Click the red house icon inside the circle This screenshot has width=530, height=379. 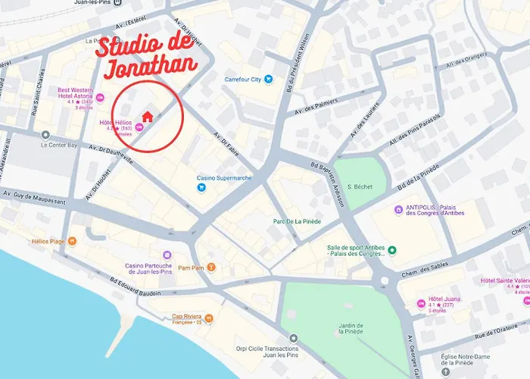point(148,116)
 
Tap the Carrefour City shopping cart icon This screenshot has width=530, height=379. point(268,79)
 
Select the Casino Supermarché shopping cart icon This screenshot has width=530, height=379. point(201,187)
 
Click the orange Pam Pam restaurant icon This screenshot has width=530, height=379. point(212,268)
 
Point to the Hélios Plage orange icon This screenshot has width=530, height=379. point(72,242)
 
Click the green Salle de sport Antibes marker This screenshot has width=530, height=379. point(392,251)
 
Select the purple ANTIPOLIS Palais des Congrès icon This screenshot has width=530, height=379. point(398,210)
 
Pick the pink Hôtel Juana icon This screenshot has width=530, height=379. point(421,303)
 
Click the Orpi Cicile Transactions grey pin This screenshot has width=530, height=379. point(294,339)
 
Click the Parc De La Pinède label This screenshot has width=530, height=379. point(297,221)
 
